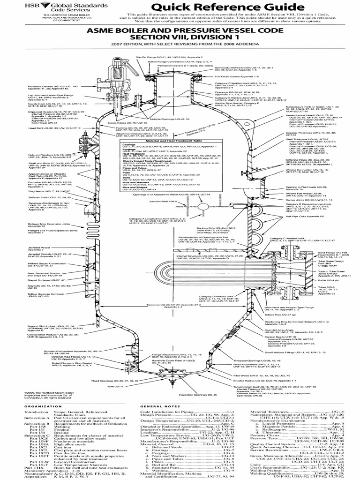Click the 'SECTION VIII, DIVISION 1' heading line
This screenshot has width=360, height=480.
click(180, 38)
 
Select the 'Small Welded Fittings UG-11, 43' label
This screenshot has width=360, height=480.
click(291, 352)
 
